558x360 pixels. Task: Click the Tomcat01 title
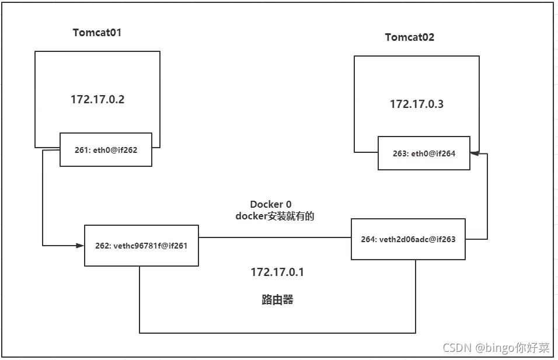coord(97,33)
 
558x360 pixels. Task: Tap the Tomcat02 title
coord(410,37)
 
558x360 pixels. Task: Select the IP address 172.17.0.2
coord(97,99)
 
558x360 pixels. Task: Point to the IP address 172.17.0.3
coord(417,104)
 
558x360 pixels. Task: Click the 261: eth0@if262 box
coord(106,150)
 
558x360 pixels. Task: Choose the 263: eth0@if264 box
coord(424,153)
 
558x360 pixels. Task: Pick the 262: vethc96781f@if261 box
coord(141,246)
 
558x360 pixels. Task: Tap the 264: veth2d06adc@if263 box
coord(408,239)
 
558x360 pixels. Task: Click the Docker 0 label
coord(271,204)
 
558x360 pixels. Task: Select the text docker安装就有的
coord(275,216)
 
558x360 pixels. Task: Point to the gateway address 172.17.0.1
coord(277,272)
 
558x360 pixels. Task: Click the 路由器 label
coord(277,299)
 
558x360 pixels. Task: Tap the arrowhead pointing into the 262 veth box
coord(80,246)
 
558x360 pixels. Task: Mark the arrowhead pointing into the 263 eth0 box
coord(475,153)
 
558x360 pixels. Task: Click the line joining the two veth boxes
coord(275,237)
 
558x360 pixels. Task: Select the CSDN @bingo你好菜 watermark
coord(496,348)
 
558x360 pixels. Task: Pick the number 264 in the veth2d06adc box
coord(368,239)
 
